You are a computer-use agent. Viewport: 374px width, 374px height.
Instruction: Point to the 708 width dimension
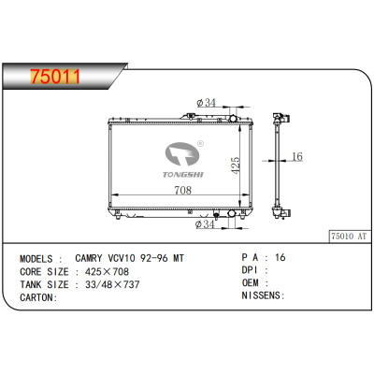coord(181,191)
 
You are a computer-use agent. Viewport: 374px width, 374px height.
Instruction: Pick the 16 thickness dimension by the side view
coord(295,157)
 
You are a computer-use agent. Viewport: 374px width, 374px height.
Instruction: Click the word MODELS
coord(40,256)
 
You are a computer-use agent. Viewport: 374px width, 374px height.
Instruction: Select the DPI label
coord(251,269)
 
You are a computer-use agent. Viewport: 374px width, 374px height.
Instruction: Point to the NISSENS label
coord(263,296)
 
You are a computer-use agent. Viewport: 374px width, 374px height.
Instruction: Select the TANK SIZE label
coord(43,283)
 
